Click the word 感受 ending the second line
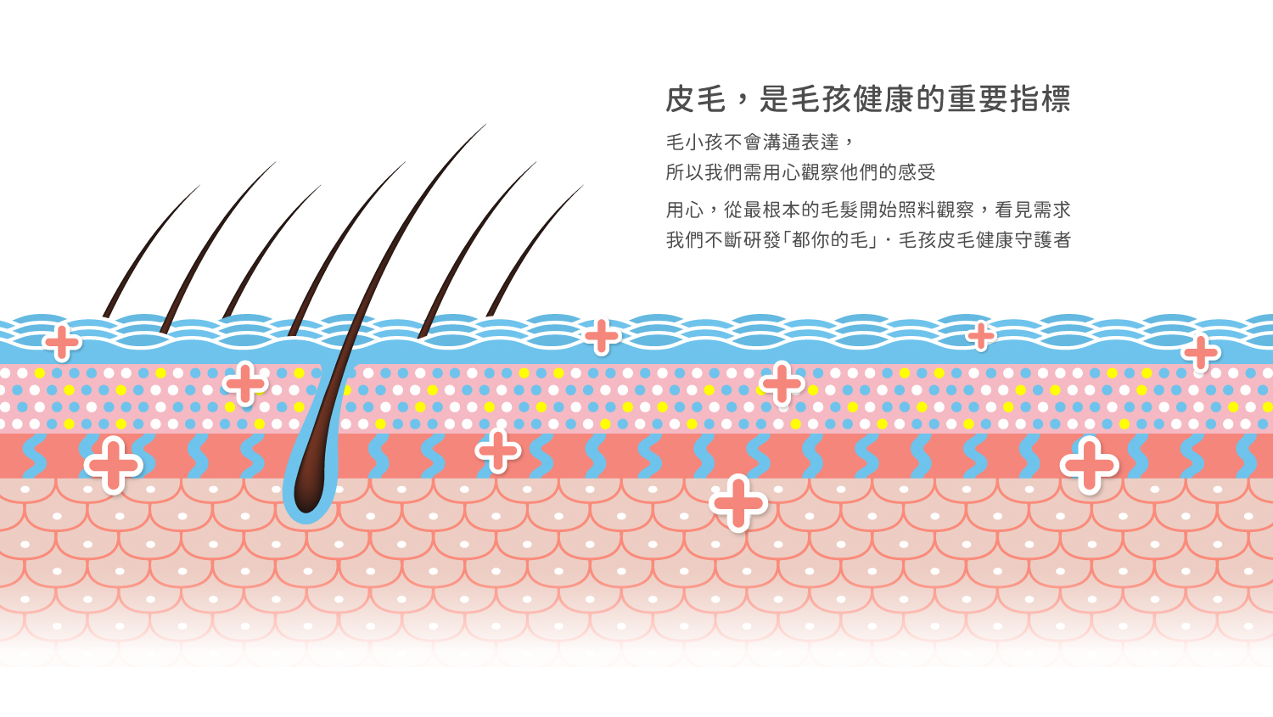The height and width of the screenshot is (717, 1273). coord(917,172)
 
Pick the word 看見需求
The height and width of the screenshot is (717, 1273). coord(1033,210)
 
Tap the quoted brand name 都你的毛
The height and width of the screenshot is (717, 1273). coord(830,240)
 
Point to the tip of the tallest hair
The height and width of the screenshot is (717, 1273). coord(484,126)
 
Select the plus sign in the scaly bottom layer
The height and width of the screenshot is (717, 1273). coord(738,502)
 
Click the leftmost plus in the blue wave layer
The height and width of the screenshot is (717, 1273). coord(62,342)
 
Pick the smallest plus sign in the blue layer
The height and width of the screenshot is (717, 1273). coord(980,336)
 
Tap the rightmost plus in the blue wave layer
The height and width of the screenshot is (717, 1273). coord(1201,352)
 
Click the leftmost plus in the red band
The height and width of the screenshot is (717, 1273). coord(113,463)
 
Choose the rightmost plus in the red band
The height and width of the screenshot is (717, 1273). coord(1090,464)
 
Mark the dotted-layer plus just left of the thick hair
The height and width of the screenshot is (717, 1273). coord(245,383)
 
